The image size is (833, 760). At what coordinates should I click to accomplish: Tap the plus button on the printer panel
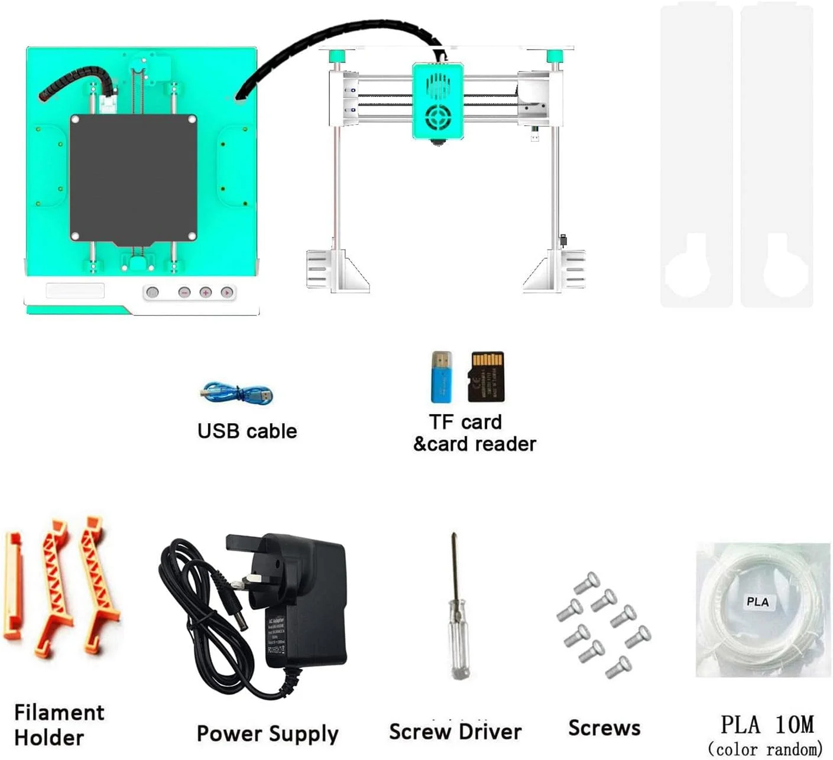[205, 292]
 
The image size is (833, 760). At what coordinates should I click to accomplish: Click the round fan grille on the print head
[437, 117]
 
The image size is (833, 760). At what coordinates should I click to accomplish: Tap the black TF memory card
[487, 376]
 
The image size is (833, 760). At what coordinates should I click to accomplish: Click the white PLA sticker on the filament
[757, 602]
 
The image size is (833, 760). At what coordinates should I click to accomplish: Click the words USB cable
[247, 431]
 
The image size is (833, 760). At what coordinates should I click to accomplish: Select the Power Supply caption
[267, 733]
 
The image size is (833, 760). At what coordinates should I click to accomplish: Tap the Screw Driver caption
[455, 732]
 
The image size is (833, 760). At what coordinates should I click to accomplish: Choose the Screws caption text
[604, 728]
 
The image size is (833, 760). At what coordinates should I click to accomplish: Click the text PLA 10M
[767, 725]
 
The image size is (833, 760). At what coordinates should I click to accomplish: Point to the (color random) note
[765, 749]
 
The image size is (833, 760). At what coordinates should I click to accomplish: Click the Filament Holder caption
[59, 725]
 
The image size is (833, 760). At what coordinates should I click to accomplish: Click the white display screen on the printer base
[75, 290]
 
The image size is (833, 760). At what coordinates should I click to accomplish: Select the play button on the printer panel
[226, 292]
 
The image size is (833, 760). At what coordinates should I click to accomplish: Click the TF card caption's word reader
[505, 444]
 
